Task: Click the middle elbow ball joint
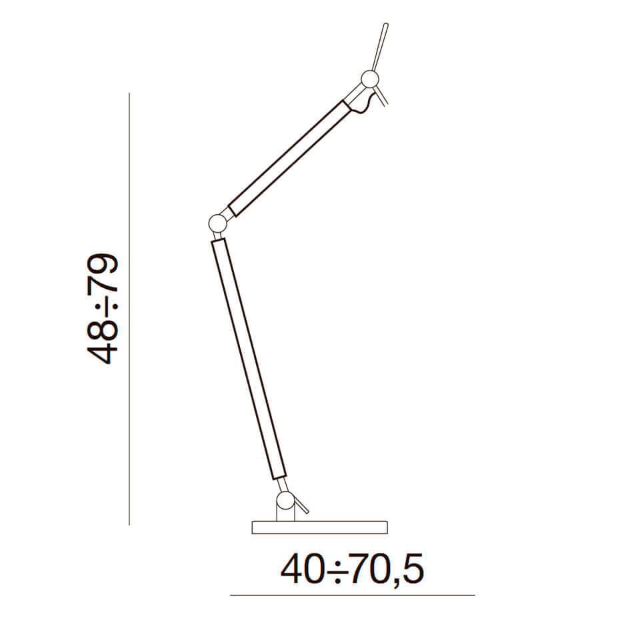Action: tap(217, 223)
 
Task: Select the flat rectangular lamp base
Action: tap(319, 528)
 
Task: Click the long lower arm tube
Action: tap(249, 359)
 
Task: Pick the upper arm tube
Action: tap(290, 159)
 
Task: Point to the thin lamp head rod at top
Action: tap(381, 47)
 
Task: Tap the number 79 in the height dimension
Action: tap(103, 273)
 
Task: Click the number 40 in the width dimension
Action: tap(305, 570)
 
